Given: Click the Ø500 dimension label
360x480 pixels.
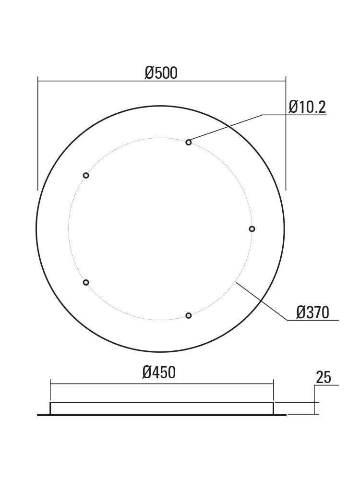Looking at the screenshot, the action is click(x=161, y=73).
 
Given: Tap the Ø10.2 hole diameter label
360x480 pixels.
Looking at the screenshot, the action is click(x=307, y=107).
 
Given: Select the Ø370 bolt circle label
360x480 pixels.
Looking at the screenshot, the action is click(x=312, y=312).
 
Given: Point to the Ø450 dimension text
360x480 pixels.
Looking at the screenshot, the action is click(x=159, y=372).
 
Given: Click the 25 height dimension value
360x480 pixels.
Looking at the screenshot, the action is click(x=323, y=377).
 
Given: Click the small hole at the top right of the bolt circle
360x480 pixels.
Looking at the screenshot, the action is click(x=189, y=142).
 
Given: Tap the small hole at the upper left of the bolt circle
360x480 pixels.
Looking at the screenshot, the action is click(x=86, y=175).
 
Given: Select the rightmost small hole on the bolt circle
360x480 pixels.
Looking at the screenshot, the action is click(x=252, y=228).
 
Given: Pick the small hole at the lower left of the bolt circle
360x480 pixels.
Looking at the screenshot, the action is click(x=86, y=282).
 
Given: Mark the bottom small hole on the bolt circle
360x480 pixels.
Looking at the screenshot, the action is click(x=189, y=315).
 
